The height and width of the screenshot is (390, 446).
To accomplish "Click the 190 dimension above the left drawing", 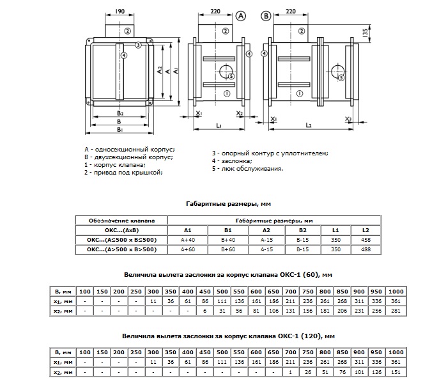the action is tap(119, 12).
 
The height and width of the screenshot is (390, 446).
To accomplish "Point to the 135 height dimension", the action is tap(365, 33).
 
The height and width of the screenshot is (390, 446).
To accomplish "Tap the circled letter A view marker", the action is tap(241, 16).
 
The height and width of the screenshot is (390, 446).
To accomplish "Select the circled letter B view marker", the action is tap(266, 16).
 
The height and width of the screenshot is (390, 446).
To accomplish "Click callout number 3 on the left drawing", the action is tap(138, 45).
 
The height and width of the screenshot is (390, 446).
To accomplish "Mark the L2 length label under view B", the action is tap(309, 125).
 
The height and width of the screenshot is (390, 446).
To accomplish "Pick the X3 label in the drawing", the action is tap(348, 119).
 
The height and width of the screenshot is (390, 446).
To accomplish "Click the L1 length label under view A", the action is tap(219, 125).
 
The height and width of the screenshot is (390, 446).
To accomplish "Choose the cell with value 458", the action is tap(365, 240).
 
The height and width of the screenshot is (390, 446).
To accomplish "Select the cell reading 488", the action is tap(365, 249).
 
